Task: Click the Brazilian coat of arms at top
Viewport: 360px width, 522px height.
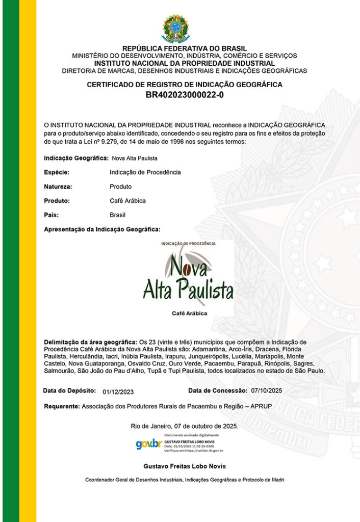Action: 175,29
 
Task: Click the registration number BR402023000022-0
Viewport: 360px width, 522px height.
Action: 185,95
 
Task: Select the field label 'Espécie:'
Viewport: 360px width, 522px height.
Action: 57,172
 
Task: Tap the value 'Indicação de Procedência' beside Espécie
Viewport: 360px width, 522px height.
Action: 145,172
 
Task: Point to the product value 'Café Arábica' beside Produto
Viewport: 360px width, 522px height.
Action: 127,201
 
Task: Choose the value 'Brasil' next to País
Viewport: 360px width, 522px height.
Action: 117,215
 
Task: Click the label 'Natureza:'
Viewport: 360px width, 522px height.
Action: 58,187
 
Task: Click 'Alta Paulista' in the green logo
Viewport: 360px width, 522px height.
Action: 188,290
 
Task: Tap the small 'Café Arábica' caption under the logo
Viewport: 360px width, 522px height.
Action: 190,314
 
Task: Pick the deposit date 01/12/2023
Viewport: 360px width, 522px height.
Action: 118,391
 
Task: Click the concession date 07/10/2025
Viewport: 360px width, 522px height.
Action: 267,390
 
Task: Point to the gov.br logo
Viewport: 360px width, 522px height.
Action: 148,444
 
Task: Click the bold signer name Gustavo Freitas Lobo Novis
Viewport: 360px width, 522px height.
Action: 185,466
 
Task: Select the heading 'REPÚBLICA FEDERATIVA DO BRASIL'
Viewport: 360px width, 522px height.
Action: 185,49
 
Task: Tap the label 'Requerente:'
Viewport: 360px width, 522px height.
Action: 62,407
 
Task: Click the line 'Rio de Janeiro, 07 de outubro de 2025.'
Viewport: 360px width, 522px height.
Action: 185,426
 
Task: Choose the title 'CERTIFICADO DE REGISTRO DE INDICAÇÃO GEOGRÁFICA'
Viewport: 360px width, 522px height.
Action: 185,85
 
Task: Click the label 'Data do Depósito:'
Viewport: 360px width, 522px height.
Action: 70,390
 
